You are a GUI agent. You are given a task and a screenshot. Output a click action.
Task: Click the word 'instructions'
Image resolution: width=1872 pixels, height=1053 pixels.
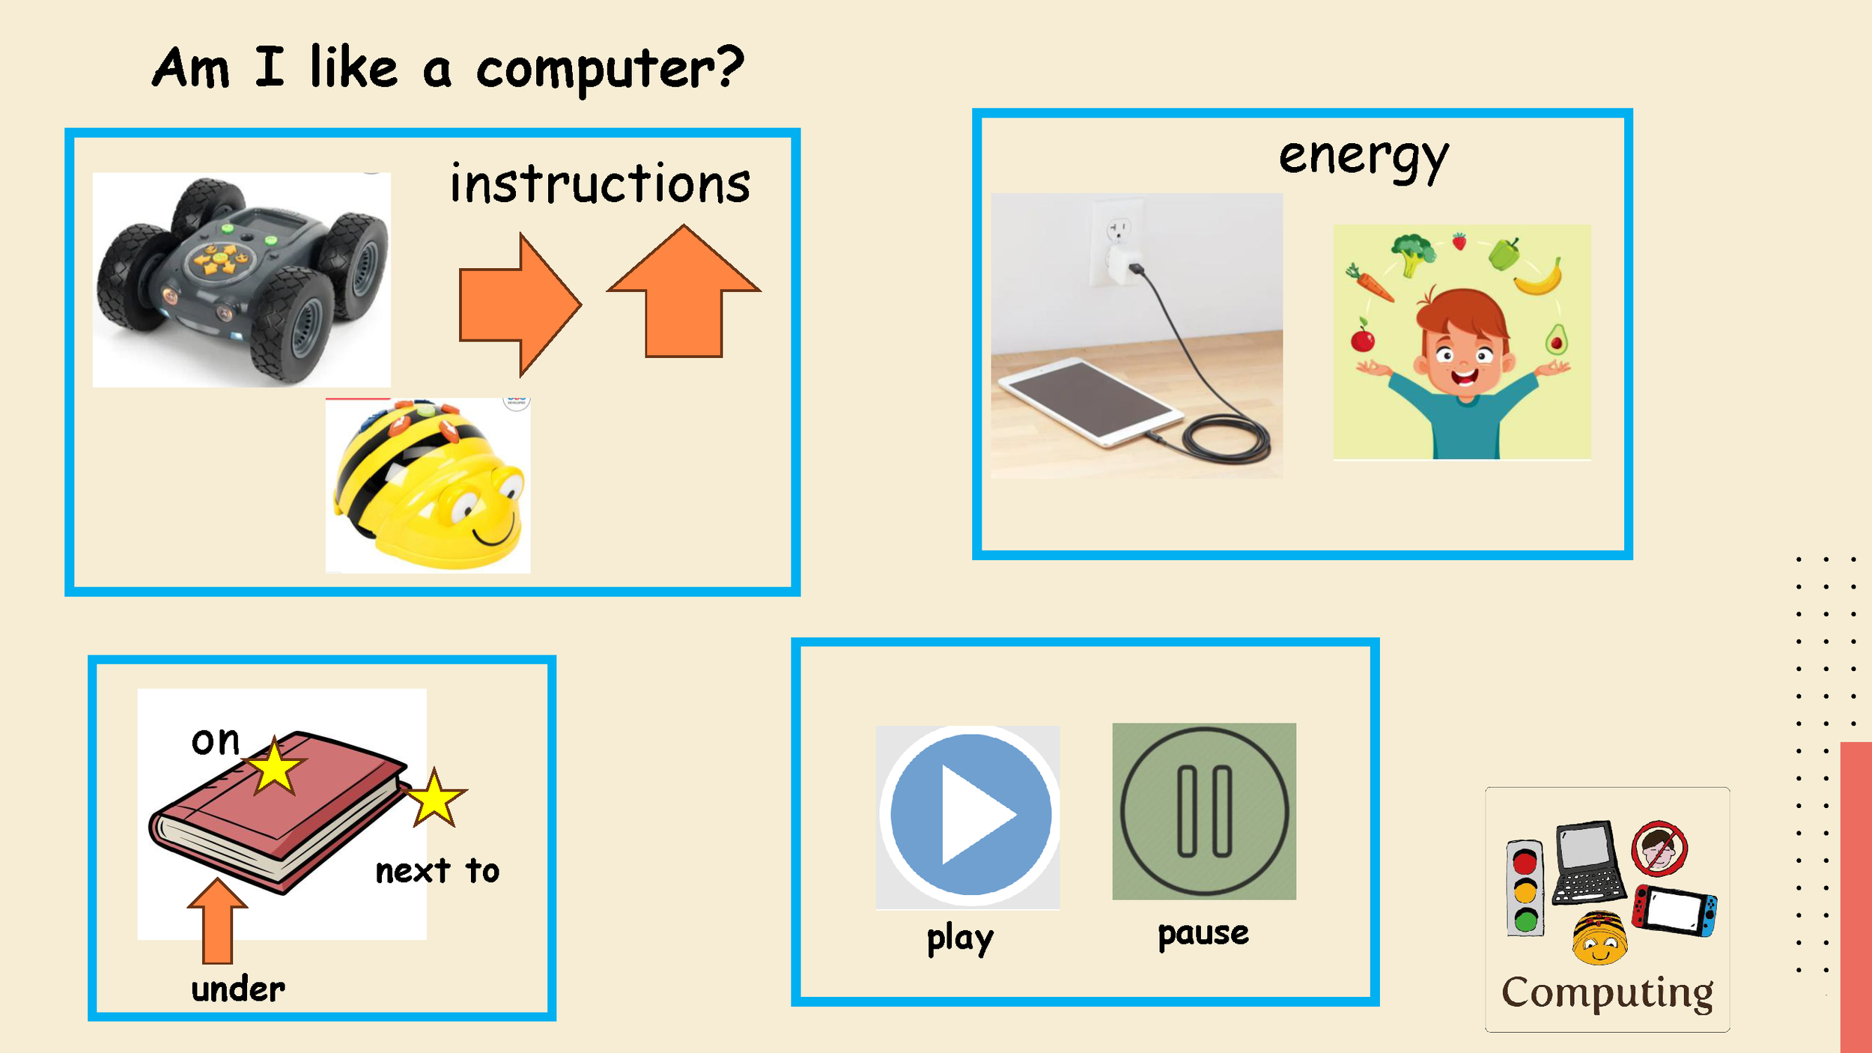(600, 184)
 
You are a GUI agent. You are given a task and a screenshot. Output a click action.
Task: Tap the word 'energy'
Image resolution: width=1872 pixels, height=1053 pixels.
(1364, 158)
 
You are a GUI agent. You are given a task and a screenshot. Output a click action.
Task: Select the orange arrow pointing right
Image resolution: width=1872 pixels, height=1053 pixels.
(520, 304)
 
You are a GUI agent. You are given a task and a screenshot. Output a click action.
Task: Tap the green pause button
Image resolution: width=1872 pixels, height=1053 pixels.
(1204, 812)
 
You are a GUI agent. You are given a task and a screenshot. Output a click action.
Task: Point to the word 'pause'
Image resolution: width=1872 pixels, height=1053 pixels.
(1203, 933)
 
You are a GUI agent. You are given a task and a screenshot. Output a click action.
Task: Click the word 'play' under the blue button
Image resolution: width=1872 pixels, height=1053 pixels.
(960, 938)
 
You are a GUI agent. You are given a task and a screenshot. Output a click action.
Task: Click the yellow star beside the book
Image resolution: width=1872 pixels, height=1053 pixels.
(435, 798)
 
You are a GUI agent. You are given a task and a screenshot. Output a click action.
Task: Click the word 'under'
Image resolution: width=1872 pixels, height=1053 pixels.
(238, 989)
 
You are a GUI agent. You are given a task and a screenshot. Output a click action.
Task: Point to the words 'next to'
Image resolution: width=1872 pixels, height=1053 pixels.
(437, 871)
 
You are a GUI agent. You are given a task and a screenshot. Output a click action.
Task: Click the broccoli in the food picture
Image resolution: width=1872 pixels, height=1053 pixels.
(1411, 252)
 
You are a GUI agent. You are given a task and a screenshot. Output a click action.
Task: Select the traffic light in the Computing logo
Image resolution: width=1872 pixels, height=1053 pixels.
(1525, 888)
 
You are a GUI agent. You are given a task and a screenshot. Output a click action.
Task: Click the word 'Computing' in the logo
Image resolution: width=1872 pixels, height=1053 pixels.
(1607, 993)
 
